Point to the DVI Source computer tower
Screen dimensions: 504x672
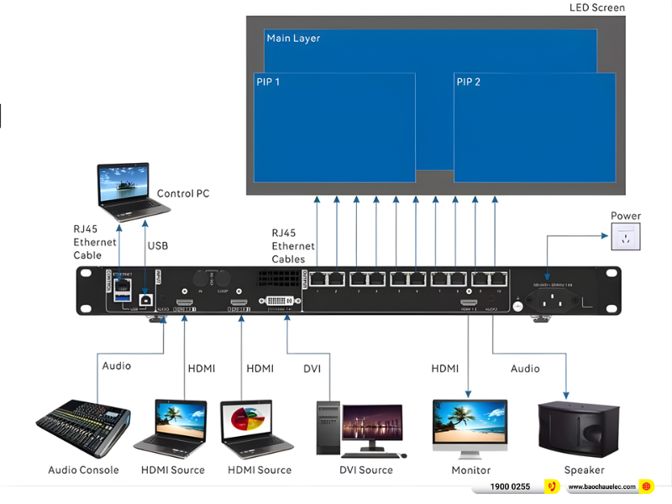click(328, 429)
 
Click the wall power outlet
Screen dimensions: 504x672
click(625, 239)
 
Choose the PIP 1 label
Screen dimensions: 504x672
click(268, 82)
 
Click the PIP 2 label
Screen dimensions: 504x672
click(469, 81)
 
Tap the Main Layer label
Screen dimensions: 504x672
click(293, 39)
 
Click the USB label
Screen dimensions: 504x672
click(158, 246)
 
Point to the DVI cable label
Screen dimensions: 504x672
click(312, 369)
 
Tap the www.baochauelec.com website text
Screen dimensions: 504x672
click(601, 487)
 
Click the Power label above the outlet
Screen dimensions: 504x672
click(626, 216)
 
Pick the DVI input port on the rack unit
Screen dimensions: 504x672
click(276, 300)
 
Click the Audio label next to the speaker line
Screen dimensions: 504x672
click(525, 369)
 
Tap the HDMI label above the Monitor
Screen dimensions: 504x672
click(445, 369)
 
